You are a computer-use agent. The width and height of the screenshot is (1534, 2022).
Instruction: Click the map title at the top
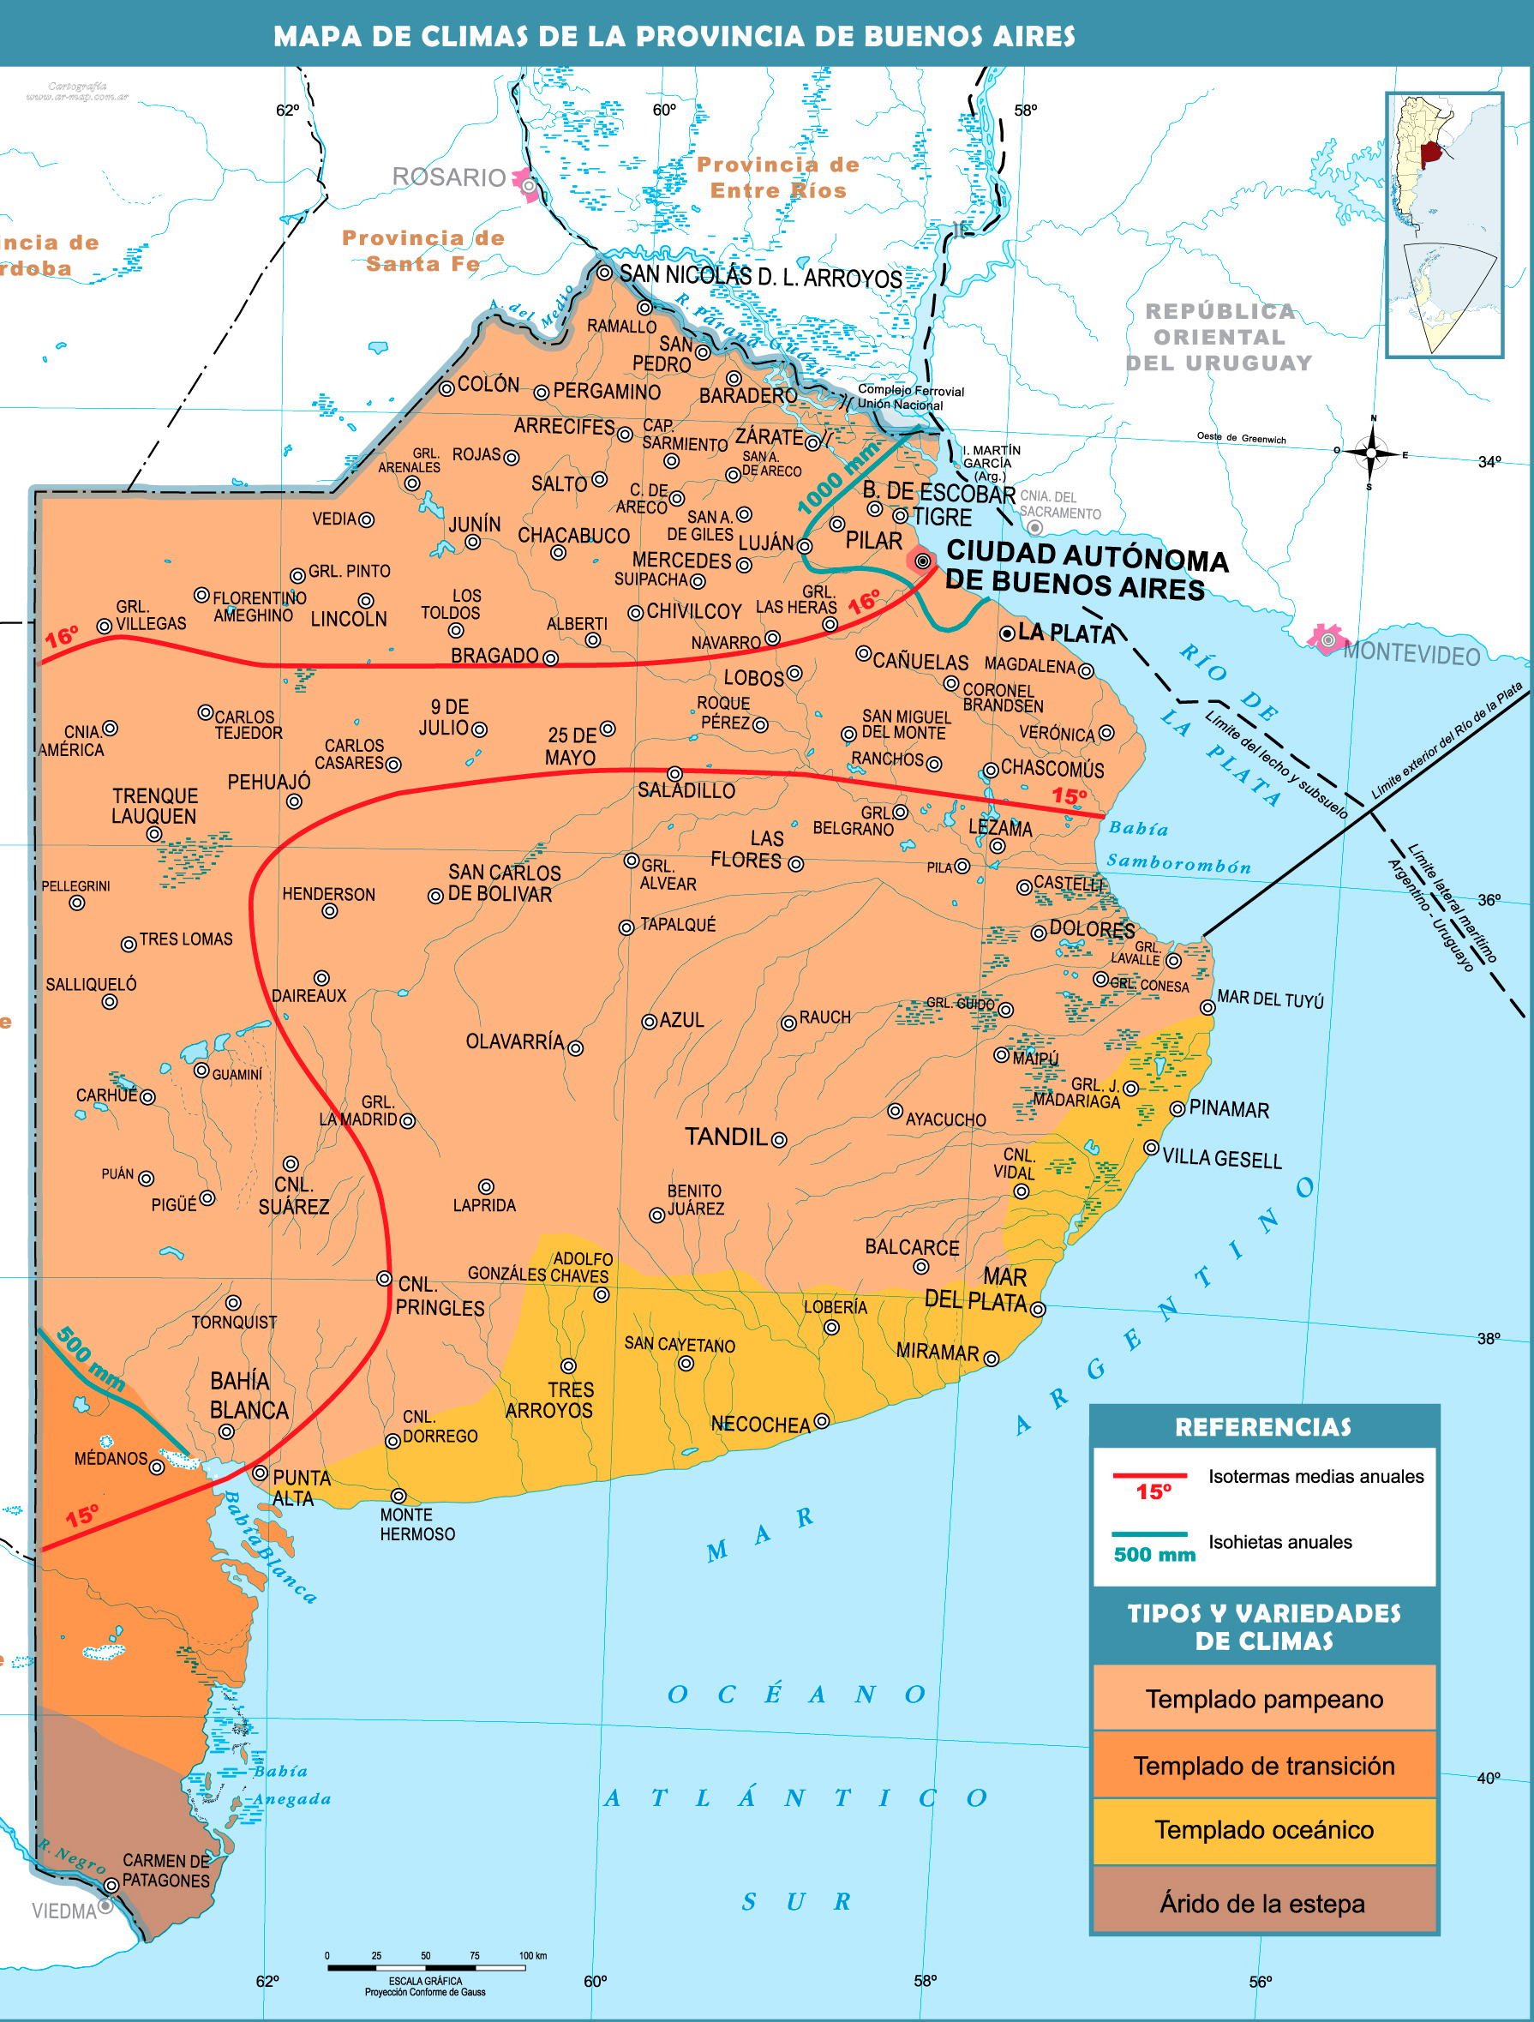[674, 36]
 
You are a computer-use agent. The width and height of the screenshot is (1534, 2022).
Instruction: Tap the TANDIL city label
[726, 1137]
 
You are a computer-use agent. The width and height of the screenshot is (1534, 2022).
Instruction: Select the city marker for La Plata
[1006, 633]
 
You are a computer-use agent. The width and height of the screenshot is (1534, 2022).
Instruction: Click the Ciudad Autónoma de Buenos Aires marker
[922, 561]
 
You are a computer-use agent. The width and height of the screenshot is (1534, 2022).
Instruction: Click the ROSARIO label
[449, 177]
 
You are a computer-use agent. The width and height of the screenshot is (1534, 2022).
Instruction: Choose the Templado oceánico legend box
[1263, 1829]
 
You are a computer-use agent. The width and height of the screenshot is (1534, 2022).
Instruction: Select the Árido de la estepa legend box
[1263, 1902]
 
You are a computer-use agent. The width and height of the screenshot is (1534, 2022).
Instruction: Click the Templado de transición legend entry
[1263, 1765]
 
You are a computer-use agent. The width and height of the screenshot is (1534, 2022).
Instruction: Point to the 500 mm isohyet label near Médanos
[90, 1359]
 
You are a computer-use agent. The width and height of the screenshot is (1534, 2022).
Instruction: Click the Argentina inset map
[1444, 224]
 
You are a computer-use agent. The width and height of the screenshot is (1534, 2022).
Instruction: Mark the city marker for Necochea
[821, 1420]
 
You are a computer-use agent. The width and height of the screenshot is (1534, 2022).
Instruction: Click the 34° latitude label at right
[1489, 462]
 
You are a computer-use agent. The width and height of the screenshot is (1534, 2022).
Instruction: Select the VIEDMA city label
[64, 1911]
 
